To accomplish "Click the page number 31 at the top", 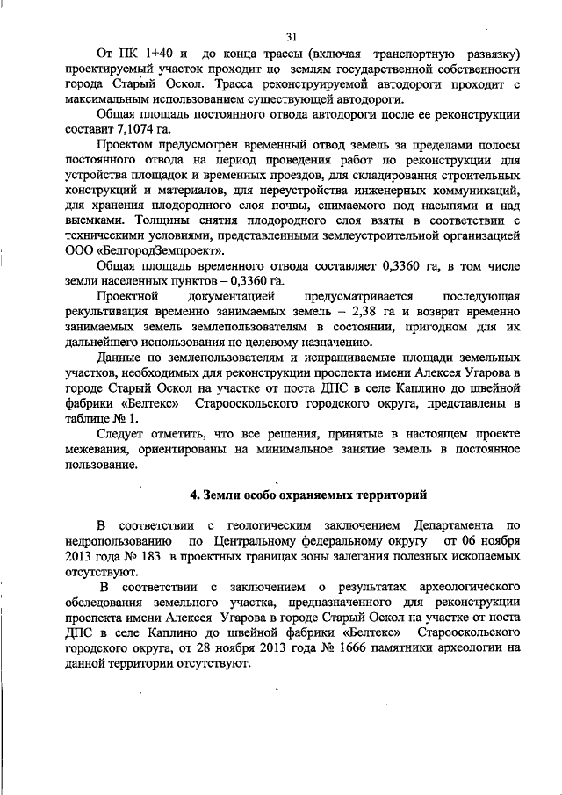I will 292,35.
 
